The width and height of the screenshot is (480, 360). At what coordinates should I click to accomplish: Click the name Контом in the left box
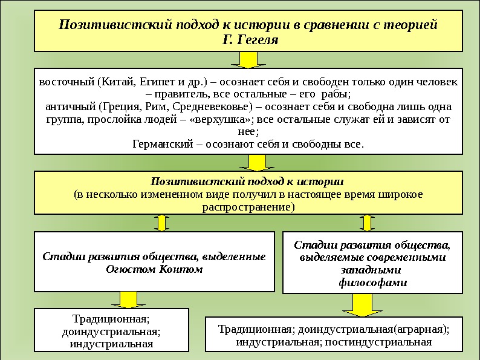click(x=181, y=269)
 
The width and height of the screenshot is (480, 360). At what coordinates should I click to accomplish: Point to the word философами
click(x=372, y=282)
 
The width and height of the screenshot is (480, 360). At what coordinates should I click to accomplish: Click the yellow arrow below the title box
click(x=245, y=59)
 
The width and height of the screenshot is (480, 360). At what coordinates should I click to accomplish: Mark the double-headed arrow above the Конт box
click(x=161, y=223)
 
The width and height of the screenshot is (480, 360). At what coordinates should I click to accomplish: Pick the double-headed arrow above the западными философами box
click(x=366, y=223)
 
